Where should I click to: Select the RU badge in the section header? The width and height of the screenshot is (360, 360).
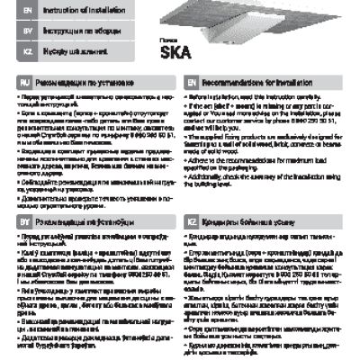26,81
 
